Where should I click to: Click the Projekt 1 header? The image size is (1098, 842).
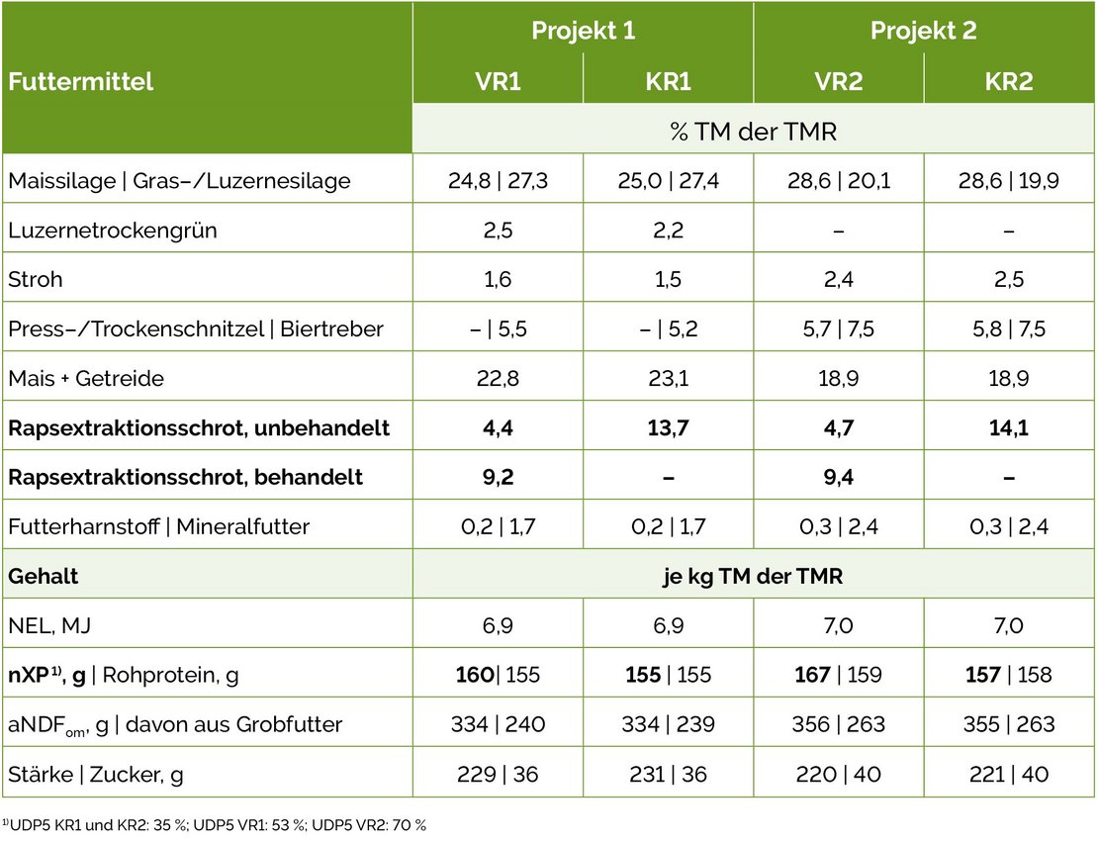583,31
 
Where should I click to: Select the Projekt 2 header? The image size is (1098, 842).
923,31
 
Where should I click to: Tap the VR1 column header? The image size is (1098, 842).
498,81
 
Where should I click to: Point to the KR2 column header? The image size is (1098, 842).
1009,81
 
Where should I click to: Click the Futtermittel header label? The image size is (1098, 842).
81,81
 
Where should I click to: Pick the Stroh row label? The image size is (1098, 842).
35,279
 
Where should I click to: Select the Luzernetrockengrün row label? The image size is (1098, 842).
112,231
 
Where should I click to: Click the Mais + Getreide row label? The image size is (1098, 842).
86,378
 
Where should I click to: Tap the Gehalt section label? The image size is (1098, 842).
43,576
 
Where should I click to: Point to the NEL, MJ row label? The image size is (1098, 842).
54,625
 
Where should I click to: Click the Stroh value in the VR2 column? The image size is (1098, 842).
838,279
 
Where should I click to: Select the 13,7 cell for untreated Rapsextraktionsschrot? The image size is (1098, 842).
668,427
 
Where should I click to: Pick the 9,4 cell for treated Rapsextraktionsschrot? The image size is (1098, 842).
838,477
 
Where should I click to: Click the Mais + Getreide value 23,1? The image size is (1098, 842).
668,378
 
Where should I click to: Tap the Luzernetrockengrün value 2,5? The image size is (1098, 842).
498,231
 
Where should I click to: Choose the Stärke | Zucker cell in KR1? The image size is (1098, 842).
668,774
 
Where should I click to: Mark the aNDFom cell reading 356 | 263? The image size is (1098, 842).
838,724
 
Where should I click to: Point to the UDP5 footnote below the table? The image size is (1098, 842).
214,823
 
